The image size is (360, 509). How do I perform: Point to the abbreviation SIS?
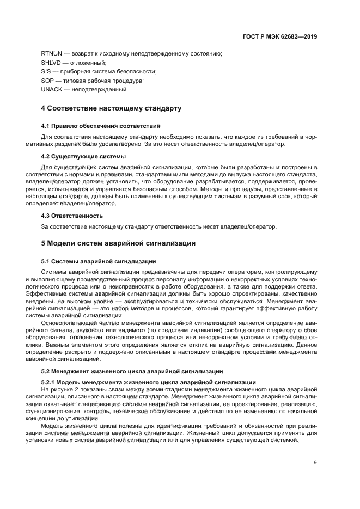point(46,71)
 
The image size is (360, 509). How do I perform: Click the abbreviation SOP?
point(47,80)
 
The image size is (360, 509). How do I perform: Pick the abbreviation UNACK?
point(52,89)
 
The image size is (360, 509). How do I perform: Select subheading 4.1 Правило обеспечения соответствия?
point(100,125)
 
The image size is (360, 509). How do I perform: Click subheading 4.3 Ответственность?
point(73,215)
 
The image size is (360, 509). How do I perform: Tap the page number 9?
point(315,463)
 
